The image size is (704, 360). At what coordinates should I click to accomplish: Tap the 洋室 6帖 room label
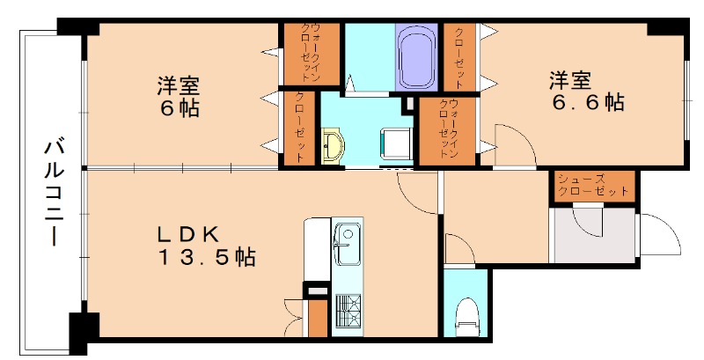tap(179, 97)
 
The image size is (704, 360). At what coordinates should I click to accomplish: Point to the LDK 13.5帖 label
tap(206, 246)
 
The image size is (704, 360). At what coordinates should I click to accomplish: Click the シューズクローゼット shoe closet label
tap(593, 186)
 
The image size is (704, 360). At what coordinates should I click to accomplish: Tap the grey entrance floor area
tap(594, 234)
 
